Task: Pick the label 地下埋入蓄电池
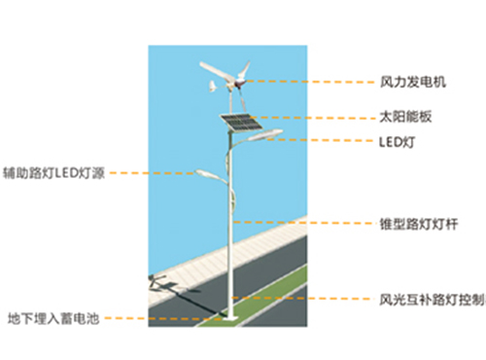click(x=53, y=318)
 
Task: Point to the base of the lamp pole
click(x=230, y=316)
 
